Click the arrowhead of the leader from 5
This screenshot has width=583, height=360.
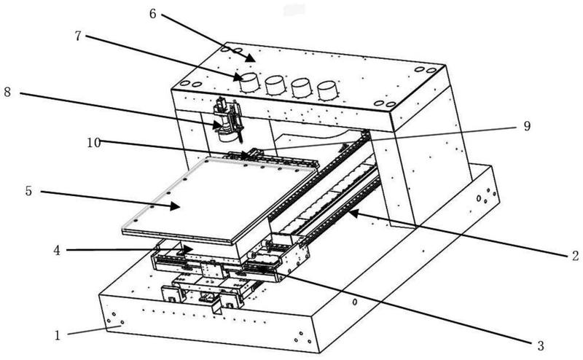[179, 208]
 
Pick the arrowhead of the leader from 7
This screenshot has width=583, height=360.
[243, 78]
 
